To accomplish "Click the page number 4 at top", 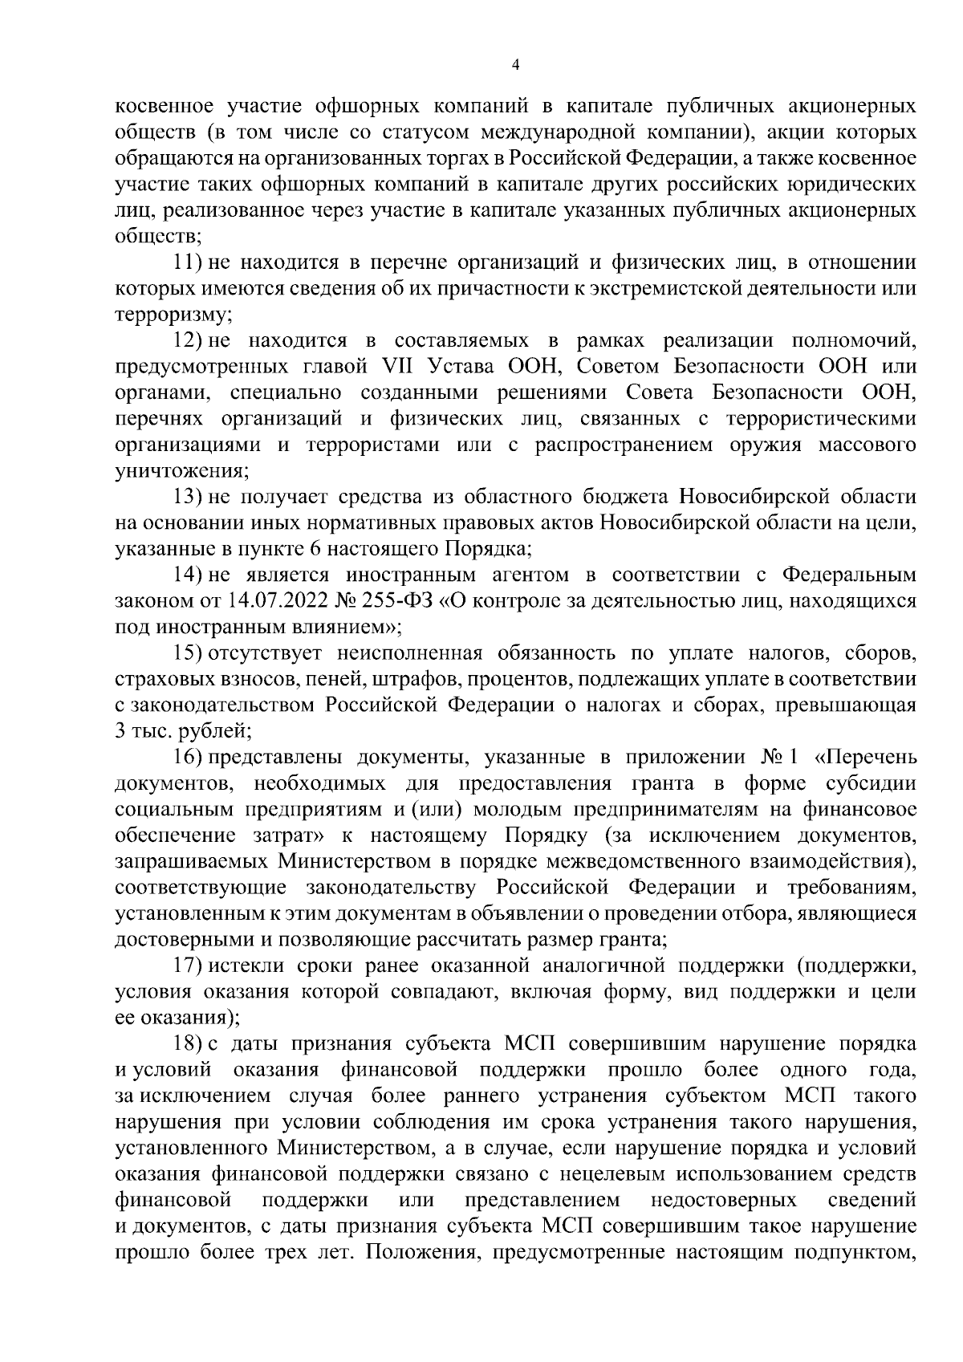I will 515,64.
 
